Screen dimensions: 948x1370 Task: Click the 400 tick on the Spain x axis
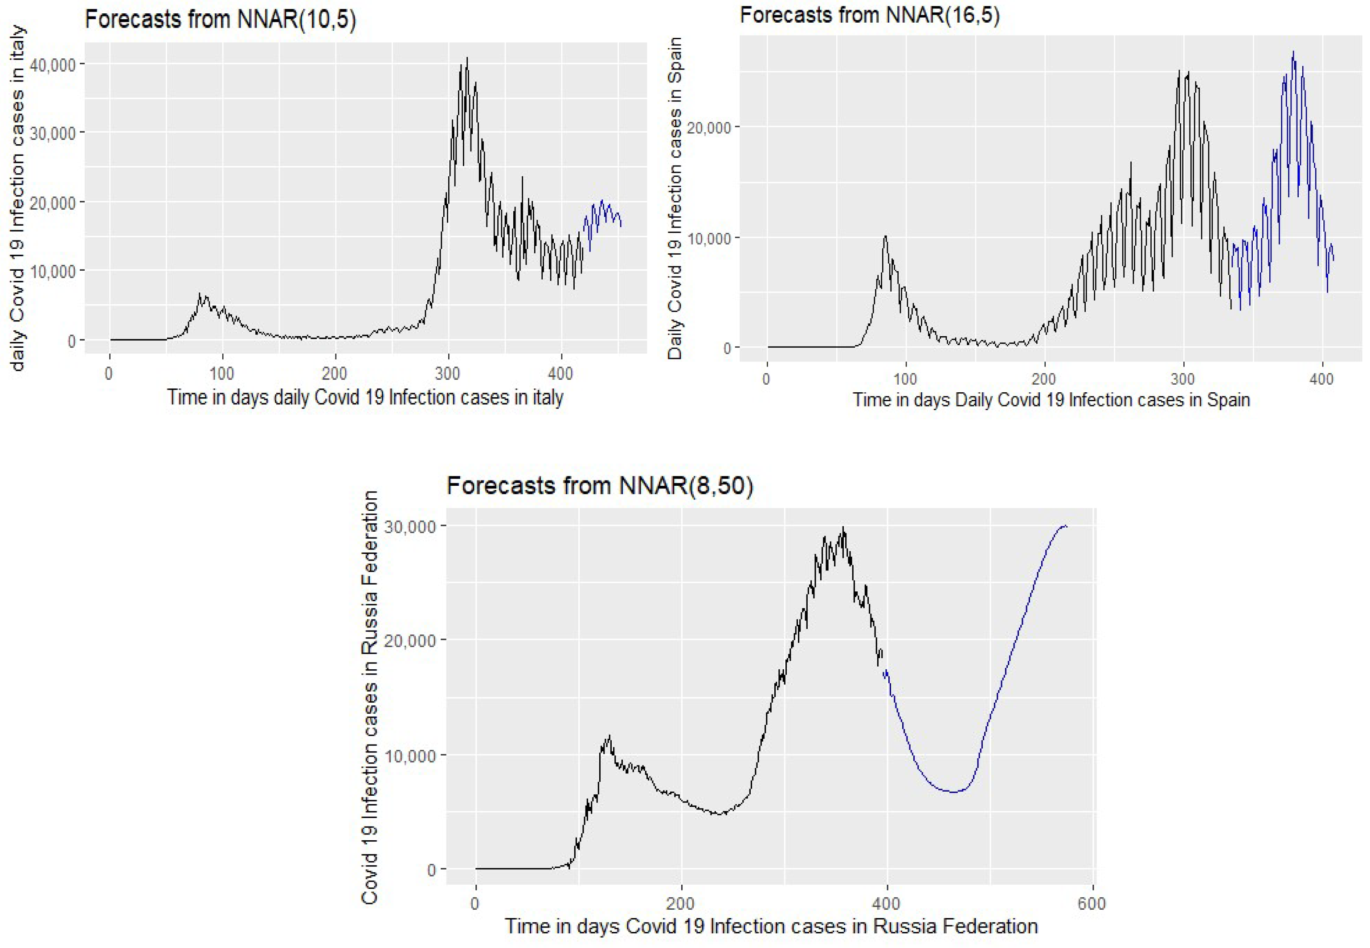tap(1321, 379)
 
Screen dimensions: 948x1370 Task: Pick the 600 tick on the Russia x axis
tap(1091, 904)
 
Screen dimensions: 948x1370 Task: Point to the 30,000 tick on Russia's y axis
tap(410, 526)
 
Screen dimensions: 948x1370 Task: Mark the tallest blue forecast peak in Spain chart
tap(1293, 52)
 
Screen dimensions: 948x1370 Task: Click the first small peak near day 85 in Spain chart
tap(885, 236)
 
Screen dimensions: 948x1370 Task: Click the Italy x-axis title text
tap(365, 397)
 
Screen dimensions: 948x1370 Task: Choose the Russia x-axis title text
tap(771, 926)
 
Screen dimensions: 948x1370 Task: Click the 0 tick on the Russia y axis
tap(431, 870)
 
